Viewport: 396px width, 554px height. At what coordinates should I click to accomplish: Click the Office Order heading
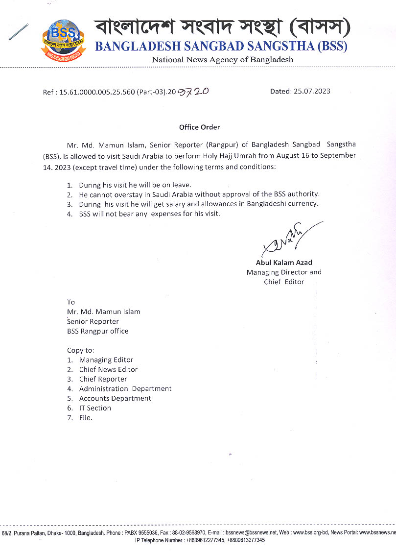[x=199, y=127]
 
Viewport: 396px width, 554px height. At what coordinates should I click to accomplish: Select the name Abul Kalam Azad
[x=284, y=263]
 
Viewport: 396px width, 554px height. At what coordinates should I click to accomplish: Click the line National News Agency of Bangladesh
[x=222, y=60]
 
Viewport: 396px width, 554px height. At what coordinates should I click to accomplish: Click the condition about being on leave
[x=135, y=185]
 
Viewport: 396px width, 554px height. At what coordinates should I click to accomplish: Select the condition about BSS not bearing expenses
[x=149, y=214]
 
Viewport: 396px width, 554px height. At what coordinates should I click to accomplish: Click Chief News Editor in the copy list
[x=108, y=369]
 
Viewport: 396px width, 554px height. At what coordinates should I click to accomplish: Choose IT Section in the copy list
[x=95, y=408]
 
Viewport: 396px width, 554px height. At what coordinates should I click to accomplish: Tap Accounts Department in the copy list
[x=115, y=398]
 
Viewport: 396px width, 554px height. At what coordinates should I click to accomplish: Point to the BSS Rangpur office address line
[x=97, y=331]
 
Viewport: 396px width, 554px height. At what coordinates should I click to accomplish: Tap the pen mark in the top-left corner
[x=18, y=31]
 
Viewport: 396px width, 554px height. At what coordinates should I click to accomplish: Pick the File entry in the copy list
[x=86, y=418]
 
